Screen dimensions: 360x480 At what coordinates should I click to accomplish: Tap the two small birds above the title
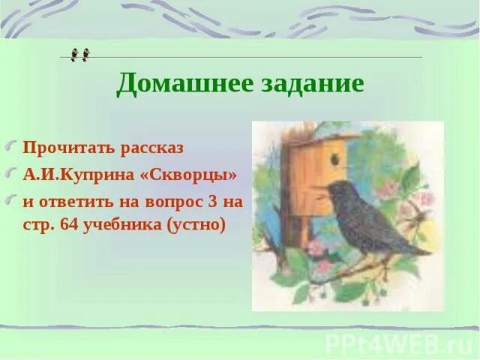tap(79, 54)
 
